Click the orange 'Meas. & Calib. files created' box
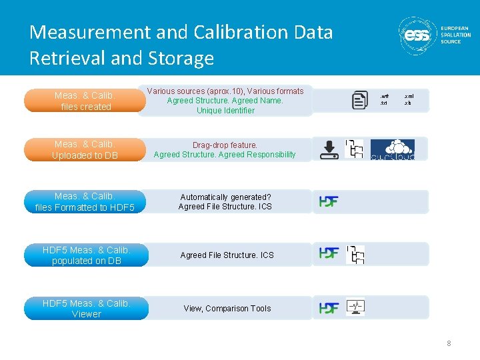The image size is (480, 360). [x=85, y=101]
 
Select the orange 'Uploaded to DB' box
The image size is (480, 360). [x=84, y=150]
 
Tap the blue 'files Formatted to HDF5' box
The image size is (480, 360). [x=85, y=202]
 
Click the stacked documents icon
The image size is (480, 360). [x=359, y=100]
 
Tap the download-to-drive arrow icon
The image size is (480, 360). [x=329, y=149]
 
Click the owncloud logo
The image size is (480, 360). [x=392, y=149]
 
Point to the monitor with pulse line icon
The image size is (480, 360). [x=355, y=307]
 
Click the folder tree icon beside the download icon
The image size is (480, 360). [x=354, y=149]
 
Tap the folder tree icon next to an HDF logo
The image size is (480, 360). [x=355, y=254]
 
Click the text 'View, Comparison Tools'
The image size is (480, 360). [x=227, y=309]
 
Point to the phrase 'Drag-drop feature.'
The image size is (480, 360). [x=225, y=145]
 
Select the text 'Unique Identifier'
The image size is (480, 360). [x=225, y=111]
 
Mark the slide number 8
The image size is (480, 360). [x=449, y=343]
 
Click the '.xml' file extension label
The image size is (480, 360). [x=408, y=97]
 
